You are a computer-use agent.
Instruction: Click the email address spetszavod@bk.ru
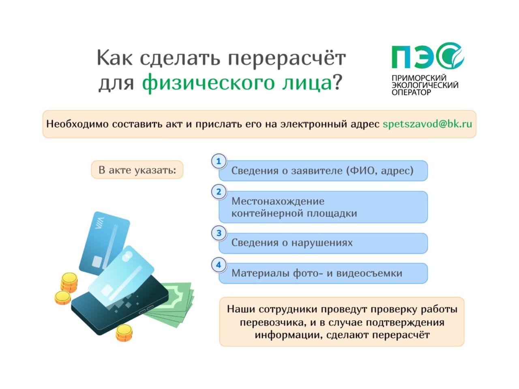(x=427, y=124)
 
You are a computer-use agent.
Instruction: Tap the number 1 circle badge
(x=219, y=161)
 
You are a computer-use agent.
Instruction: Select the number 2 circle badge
(x=219, y=192)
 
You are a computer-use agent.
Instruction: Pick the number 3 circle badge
(x=219, y=233)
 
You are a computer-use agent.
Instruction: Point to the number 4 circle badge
(x=219, y=265)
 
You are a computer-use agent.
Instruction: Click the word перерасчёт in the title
(x=287, y=58)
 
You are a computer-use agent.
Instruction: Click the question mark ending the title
(x=338, y=82)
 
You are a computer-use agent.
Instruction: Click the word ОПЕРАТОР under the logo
(x=412, y=92)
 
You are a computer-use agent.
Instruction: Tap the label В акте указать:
(x=137, y=170)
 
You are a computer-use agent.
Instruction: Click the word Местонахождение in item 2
(x=278, y=201)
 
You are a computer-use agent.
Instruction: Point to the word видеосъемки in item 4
(x=369, y=273)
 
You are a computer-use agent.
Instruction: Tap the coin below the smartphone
(x=124, y=333)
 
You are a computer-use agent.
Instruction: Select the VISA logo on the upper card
(x=99, y=223)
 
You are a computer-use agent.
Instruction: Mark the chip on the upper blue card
(x=97, y=262)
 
